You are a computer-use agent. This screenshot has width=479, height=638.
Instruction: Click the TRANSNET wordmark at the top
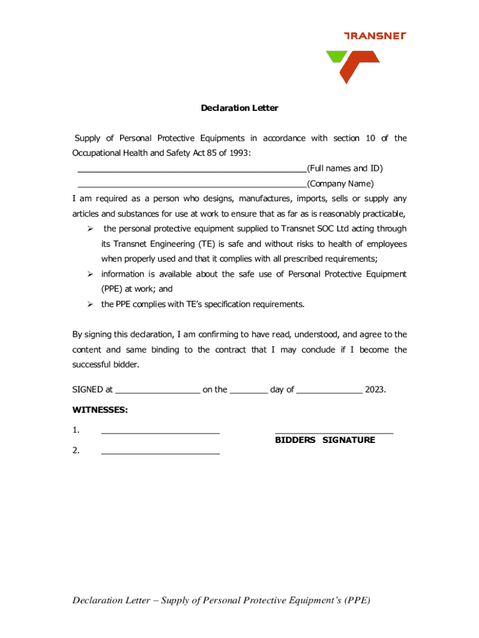pyautogui.click(x=374, y=36)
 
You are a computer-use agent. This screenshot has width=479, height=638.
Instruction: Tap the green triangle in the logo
pyautogui.click(x=335, y=57)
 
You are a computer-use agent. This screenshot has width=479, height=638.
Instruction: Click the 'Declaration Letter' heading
pyautogui.click(x=240, y=108)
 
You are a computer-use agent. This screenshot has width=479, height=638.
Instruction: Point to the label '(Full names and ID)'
pyautogui.click(x=345, y=168)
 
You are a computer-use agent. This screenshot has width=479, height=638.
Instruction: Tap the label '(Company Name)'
pyautogui.click(x=340, y=184)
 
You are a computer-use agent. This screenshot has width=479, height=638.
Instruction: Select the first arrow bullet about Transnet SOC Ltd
pyautogui.click(x=90, y=229)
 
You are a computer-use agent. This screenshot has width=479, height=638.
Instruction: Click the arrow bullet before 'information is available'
pyautogui.click(x=90, y=274)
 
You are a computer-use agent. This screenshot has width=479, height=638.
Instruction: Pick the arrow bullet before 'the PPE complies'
pyautogui.click(x=90, y=305)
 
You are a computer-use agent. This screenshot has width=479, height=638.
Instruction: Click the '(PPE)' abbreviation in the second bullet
pyautogui.click(x=114, y=289)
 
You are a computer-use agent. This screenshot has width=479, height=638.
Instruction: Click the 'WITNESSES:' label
pyautogui.click(x=100, y=410)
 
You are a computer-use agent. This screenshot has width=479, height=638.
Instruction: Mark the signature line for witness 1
pyautogui.click(x=160, y=431)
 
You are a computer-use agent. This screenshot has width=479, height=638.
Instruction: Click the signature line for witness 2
pyautogui.click(x=160, y=452)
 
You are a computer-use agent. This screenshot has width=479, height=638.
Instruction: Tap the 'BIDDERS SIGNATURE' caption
pyautogui.click(x=325, y=440)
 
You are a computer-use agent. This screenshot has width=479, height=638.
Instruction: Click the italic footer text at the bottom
pyautogui.click(x=221, y=601)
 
